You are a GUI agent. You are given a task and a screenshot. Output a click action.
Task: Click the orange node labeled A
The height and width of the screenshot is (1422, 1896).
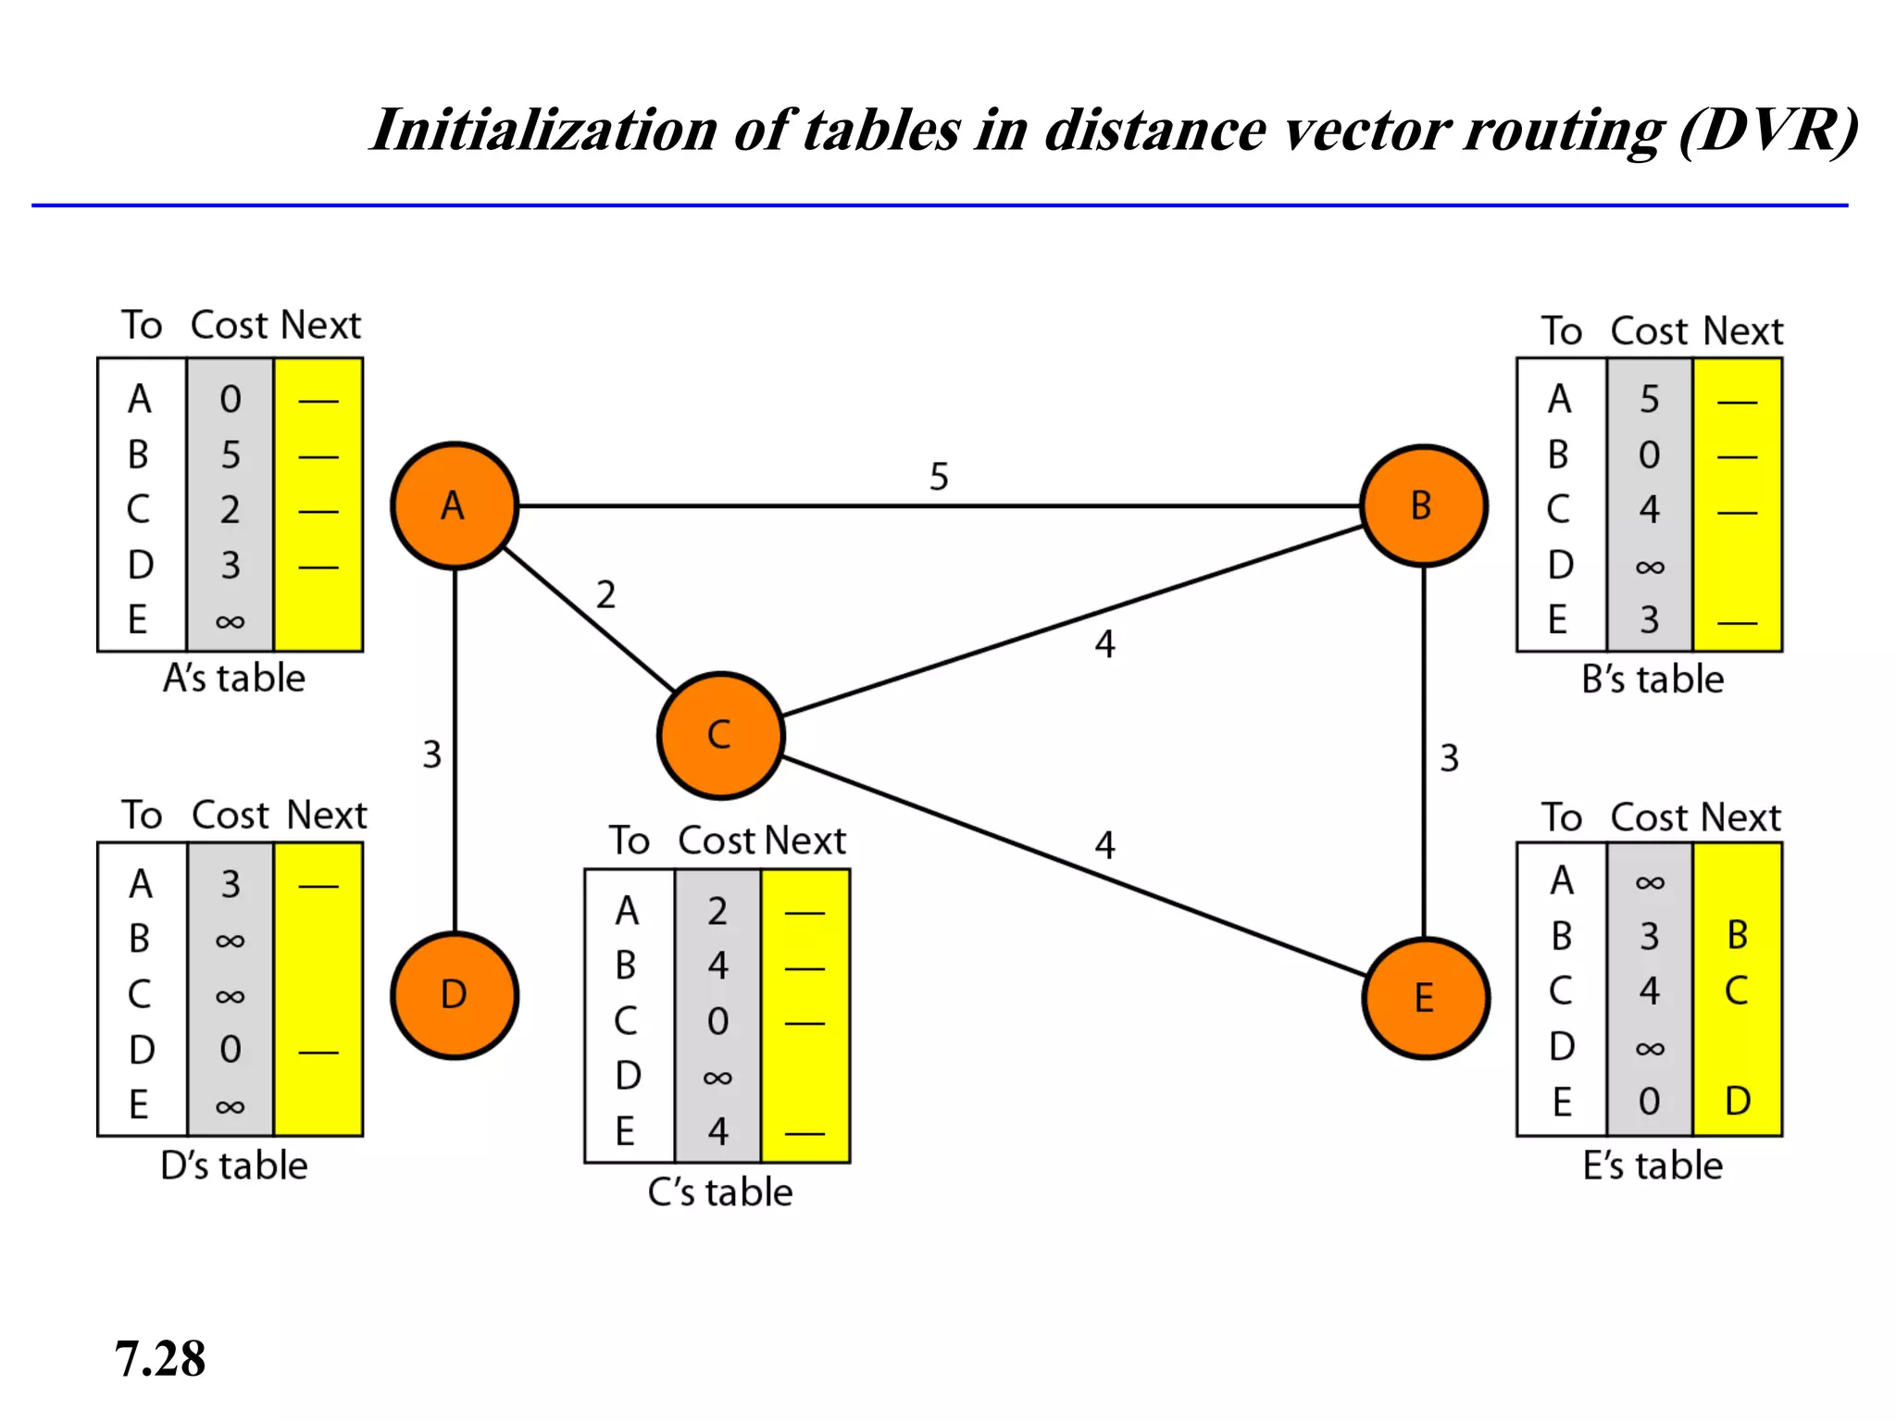click(x=454, y=505)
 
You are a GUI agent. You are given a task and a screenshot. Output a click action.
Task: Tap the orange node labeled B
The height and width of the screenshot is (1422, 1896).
click(x=1423, y=505)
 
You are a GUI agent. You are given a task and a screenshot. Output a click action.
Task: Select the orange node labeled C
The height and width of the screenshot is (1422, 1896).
click(x=720, y=735)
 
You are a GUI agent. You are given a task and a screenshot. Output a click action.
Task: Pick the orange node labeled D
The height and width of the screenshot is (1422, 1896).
click(x=454, y=994)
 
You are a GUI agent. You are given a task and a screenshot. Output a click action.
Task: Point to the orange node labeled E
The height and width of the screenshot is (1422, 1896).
click(x=1425, y=998)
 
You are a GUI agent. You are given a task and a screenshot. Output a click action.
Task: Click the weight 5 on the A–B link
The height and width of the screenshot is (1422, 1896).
click(x=939, y=477)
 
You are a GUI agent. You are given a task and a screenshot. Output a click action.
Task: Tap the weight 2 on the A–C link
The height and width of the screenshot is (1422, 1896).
click(x=605, y=594)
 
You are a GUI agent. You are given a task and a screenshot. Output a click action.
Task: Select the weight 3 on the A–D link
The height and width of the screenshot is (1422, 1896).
click(x=431, y=755)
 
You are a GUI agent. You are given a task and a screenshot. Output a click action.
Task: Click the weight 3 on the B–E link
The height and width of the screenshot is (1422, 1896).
click(x=1449, y=758)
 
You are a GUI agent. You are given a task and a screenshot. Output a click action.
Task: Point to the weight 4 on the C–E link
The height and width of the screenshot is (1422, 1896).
click(x=1104, y=844)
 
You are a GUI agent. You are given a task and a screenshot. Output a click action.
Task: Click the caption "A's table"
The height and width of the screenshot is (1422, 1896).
click(x=233, y=679)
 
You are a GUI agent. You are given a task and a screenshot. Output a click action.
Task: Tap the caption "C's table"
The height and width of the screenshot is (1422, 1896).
click(x=719, y=1192)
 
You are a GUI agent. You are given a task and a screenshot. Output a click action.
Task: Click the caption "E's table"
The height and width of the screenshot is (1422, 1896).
click(x=1653, y=1166)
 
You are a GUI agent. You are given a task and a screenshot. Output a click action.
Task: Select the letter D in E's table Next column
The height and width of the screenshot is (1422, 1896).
click(x=1738, y=1101)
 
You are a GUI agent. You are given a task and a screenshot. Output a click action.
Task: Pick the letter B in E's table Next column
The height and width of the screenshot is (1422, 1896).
click(x=1738, y=935)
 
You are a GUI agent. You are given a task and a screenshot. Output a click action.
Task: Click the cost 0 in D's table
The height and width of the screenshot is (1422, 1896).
click(x=231, y=1049)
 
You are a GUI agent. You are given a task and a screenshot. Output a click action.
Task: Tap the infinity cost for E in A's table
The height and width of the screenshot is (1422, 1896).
click(x=231, y=621)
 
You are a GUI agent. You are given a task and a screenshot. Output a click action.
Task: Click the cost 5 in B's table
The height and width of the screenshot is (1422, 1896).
click(x=1649, y=399)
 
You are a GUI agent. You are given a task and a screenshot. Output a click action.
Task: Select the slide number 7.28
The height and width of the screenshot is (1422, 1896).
click(x=160, y=1359)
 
